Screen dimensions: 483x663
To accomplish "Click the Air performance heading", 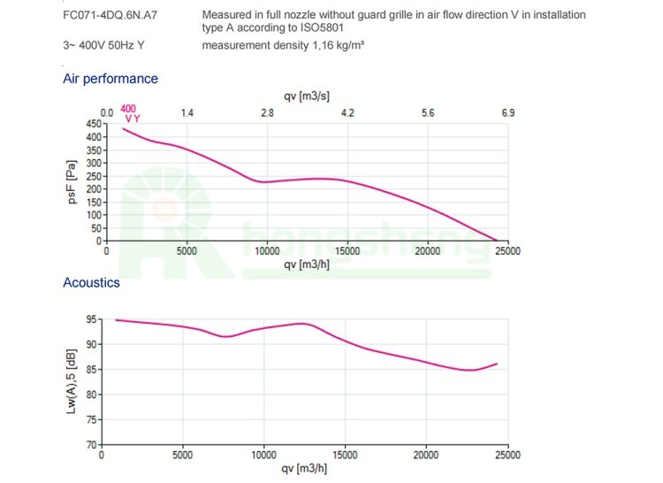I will click(110, 79).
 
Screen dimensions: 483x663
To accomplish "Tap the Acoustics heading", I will click(91, 283).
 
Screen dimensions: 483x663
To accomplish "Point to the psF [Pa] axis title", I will click(72, 181).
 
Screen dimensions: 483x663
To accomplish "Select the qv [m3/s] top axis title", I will click(308, 96).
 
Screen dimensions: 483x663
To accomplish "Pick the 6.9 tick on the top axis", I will click(507, 113).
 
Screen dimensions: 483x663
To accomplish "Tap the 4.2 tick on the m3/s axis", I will click(347, 113).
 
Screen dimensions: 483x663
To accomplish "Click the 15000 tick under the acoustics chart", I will click(345, 455).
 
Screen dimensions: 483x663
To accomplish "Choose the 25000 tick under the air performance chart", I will click(507, 251).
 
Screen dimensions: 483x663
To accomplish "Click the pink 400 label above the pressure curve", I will click(128, 108).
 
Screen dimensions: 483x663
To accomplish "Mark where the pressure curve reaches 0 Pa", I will click(497, 241).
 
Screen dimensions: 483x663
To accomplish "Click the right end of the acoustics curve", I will click(499, 364).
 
